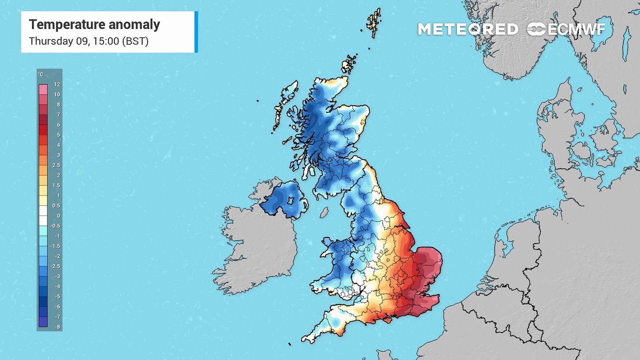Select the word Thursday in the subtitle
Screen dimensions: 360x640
coord(50,41)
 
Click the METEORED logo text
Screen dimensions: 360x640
coord(467,29)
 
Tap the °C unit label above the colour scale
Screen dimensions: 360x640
coord(40,75)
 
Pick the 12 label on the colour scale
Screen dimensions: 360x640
coord(57,85)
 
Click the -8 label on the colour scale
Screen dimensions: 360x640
coord(57,327)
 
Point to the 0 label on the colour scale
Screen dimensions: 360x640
coord(58,216)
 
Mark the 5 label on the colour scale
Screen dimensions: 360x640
coord(58,135)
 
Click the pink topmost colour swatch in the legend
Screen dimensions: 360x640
coord(43,89)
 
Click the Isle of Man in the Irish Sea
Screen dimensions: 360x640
coord(324,212)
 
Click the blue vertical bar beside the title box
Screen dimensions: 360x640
coord(196,31)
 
